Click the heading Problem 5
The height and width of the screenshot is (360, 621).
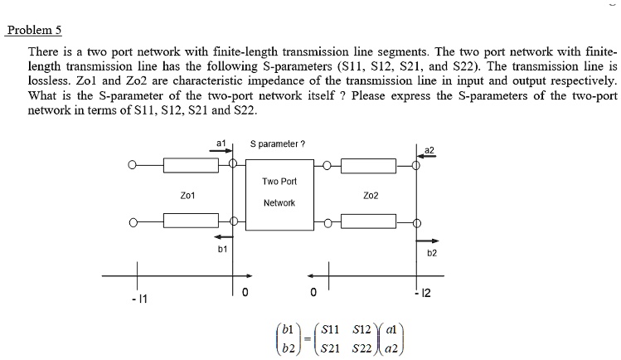pyautogui.click(x=34, y=32)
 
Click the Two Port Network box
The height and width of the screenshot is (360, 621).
pyautogui.click(x=279, y=192)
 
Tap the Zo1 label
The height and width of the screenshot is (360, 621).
pyautogui.click(x=187, y=196)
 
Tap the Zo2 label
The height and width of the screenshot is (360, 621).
pyautogui.click(x=371, y=196)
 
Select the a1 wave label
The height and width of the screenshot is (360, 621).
pyautogui.click(x=221, y=144)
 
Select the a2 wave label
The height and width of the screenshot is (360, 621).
pyautogui.click(x=429, y=149)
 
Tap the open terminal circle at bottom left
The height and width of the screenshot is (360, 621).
pyautogui.click(x=131, y=222)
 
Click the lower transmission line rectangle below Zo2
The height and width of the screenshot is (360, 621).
pyautogui.click(x=371, y=222)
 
